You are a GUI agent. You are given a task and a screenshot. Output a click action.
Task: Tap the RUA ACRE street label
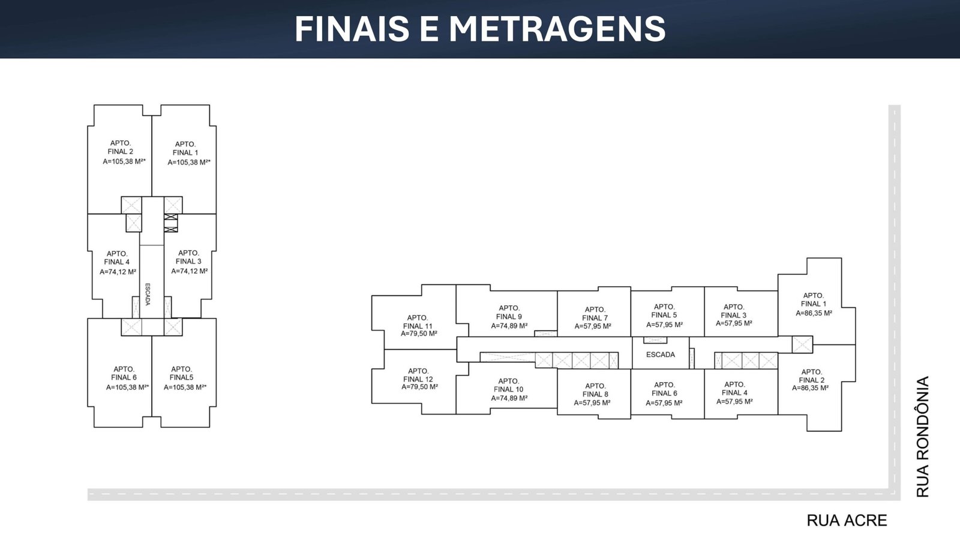pyautogui.click(x=847, y=520)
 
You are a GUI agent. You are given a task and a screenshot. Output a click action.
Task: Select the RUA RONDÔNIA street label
pyautogui.click(x=923, y=437)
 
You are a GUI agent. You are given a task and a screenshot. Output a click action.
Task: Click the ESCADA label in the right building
pyautogui.click(x=661, y=355)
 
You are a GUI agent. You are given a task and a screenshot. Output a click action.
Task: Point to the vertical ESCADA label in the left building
pyautogui.click(x=148, y=294)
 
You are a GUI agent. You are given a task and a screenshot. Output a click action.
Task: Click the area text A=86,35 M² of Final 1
pyautogui.click(x=814, y=313)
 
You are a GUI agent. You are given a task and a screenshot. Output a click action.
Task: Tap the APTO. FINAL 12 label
pyautogui.click(x=418, y=375)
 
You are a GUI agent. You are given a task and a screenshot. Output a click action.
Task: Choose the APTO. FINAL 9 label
pyautogui.click(x=509, y=313)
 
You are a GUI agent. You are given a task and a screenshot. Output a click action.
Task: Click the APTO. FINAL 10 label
pyautogui.click(x=508, y=385)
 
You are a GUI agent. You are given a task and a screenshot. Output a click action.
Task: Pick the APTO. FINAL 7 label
pyautogui.click(x=595, y=314)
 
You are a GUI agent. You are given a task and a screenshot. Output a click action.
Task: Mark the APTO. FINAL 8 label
pyautogui.click(x=595, y=390)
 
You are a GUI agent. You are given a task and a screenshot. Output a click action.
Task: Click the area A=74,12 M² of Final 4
pyautogui.click(x=118, y=272)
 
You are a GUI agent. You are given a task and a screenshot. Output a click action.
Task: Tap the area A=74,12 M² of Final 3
pyautogui.click(x=190, y=271)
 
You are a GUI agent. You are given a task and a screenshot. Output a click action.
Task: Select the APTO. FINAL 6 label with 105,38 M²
pyautogui.click(x=124, y=373)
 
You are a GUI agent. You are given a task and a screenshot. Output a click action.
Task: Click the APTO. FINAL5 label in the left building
pyautogui.click(x=181, y=373)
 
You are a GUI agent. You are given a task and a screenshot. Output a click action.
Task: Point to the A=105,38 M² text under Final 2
pyautogui.click(x=124, y=161)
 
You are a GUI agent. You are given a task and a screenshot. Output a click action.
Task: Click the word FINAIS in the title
pyautogui.click(x=352, y=28)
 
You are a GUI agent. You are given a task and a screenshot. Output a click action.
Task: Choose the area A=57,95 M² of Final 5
pyautogui.click(x=664, y=325)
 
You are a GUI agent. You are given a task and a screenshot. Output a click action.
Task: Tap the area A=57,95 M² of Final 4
pyautogui.click(x=734, y=401)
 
